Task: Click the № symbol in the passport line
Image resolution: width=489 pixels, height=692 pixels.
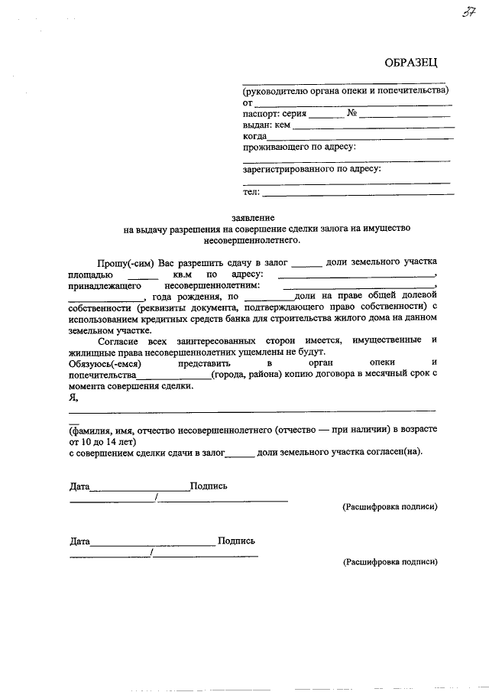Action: tap(352, 113)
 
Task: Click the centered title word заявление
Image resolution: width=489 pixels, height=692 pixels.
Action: tap(257, 217)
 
